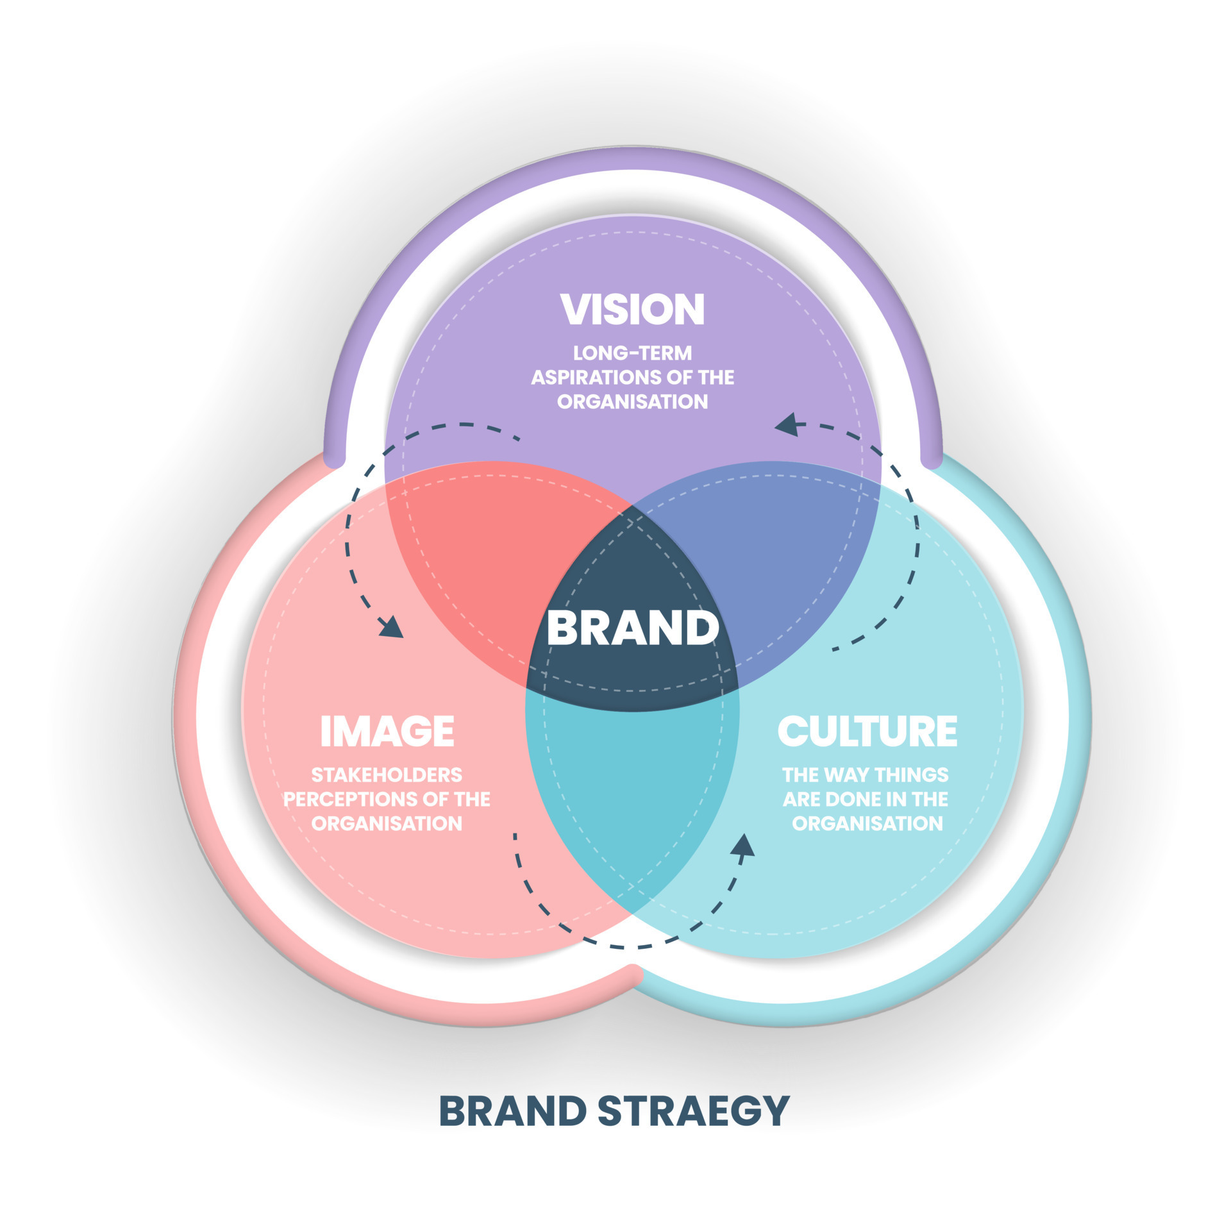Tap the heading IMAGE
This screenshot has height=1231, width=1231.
[x=387, y=731]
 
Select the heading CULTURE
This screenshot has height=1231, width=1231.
[x=867, y=731]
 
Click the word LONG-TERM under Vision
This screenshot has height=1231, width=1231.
[x=632, y=353]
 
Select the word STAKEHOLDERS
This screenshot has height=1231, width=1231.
[x=387, y=775]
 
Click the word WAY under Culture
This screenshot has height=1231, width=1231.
[x=845, y=775]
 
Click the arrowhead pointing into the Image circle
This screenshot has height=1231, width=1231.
[x=390, y=626]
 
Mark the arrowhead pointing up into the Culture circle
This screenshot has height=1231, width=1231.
[x=744, y=845]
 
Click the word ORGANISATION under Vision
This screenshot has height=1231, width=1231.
[x=632, y=401]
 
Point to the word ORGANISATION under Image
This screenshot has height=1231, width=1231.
[x=387, y=823]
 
